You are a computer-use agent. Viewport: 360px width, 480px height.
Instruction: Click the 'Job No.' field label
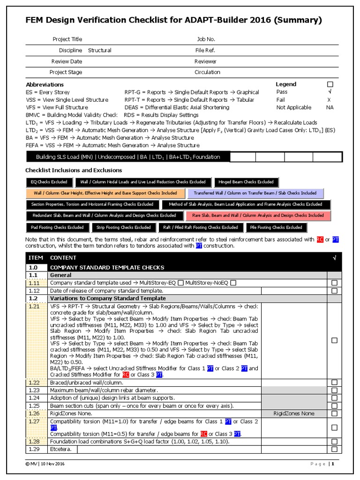206,39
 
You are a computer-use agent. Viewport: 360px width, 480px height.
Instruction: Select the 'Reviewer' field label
205,61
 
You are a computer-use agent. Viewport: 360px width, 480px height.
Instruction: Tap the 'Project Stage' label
66,72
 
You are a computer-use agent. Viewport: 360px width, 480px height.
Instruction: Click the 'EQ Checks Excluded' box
49,182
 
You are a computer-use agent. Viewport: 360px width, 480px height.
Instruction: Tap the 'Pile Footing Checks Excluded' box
276,227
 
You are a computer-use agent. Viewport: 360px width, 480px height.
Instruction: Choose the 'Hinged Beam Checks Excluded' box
246,182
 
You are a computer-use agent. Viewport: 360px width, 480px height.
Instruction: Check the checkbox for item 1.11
334,283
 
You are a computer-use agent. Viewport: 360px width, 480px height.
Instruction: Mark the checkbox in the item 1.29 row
334,449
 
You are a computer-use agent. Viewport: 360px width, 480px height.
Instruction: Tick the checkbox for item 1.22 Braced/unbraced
334,382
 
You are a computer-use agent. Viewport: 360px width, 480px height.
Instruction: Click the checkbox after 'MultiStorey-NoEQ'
233,283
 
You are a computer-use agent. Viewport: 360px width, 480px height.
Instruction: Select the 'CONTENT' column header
63,258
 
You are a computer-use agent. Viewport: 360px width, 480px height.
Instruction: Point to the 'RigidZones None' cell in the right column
294,413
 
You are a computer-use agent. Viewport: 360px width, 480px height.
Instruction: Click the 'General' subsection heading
60,275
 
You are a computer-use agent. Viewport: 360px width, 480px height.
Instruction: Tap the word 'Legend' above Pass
285,84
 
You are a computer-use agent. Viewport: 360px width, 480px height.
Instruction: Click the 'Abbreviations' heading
45,84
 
